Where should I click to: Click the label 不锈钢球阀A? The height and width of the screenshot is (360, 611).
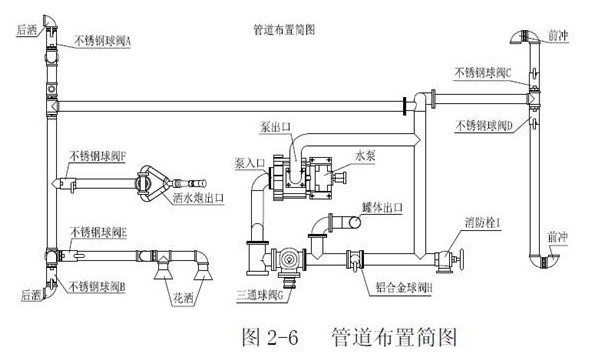(102, 41)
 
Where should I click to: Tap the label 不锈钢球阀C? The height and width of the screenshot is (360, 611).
(483, 73)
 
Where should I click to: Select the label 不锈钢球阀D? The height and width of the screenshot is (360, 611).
(484, 125)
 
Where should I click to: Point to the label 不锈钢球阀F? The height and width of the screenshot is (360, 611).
(98, 156)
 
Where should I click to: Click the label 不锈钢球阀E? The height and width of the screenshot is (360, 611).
(98, 232)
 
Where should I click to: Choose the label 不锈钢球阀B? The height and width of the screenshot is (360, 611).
(97, 286)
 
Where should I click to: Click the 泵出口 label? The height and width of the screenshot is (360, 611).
(275, 127)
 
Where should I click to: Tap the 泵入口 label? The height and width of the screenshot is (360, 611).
(250, 163)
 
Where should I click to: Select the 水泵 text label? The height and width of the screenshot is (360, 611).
(365, 156)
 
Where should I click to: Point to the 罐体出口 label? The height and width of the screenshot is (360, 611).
(382, 207)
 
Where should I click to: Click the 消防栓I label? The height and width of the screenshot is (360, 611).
(482, 222)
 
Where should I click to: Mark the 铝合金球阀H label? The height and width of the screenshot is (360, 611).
(404, 288)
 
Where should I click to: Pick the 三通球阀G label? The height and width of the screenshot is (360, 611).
(260, 296)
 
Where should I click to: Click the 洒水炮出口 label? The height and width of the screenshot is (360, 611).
(198, 198)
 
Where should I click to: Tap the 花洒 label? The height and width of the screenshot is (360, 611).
(183, 298)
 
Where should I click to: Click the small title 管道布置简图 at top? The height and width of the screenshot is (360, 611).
(284, 30)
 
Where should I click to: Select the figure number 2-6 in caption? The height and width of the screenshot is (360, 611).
(283, 337)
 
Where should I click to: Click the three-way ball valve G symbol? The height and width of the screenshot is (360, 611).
(288, 260)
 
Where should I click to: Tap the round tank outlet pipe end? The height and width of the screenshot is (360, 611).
(355, 222)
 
